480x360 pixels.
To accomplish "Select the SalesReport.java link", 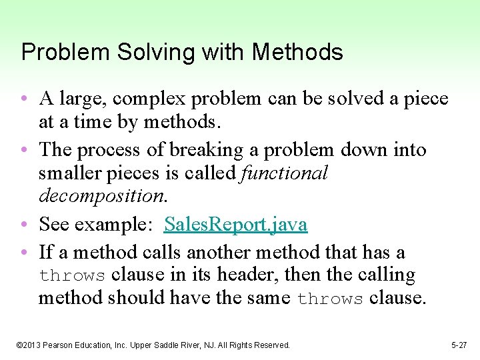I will point(235,225).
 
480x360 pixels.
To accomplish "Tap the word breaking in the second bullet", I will point(201,151).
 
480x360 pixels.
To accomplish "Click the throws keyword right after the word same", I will point(329,299).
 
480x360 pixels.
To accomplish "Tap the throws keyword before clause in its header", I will point(72,276).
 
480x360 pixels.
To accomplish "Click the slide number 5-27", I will point(459,345).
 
